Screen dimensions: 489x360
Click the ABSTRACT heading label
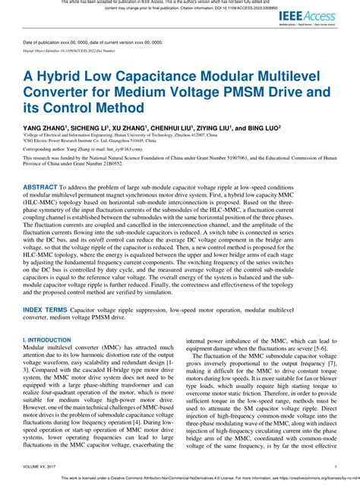46,208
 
